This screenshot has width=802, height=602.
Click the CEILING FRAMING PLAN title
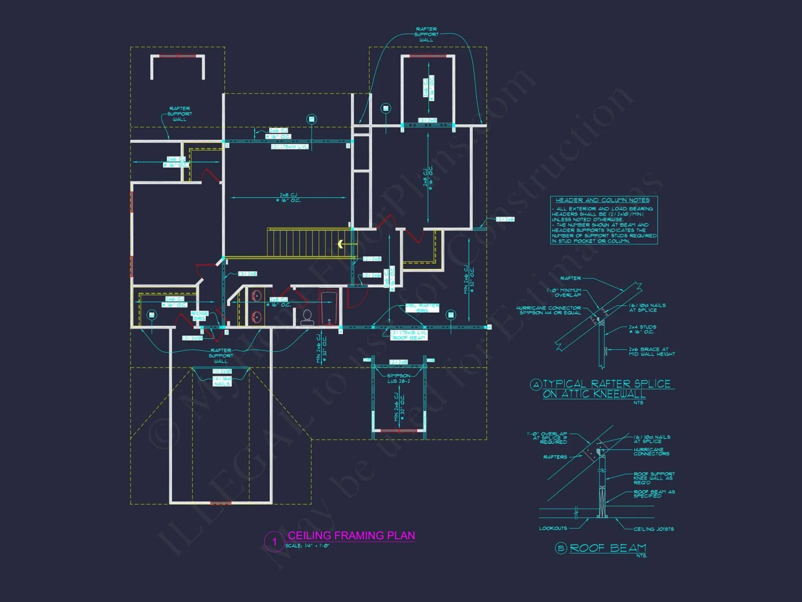click(x=351, y=535)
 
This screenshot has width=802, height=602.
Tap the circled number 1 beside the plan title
click(x=274, y=542)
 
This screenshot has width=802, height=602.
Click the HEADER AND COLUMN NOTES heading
click(x=602, y=200)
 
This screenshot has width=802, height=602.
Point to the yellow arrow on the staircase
click(x=340, y=244)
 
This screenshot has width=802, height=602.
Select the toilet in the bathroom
click(x=307, y=317)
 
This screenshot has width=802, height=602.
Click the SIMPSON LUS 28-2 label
click(x=398, y=378)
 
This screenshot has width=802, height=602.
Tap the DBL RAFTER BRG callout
click(x=422, y=308)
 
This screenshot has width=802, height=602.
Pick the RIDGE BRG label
click(x=199, y=315)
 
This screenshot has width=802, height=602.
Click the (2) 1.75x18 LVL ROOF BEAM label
click(x=409, y=335)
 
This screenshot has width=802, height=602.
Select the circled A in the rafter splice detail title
click(x=536, y=385)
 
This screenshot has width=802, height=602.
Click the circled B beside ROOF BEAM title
click(x=561, y=548)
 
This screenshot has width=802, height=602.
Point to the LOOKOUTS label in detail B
click(x=553, y=528)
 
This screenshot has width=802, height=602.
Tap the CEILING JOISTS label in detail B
click(x=654, y=529)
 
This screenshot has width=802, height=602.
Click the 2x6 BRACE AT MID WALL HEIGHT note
click(x=652, y=352)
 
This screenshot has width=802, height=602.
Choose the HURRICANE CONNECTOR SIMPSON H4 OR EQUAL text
click(x=549, y=310)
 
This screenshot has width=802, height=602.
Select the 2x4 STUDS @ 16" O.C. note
click(x=642, y=329)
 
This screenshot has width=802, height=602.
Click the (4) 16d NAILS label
click(x=222, y=381)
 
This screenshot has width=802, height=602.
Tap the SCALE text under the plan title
click(x=307, y=546)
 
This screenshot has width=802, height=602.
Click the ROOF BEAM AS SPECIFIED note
click(x=654, y=494)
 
